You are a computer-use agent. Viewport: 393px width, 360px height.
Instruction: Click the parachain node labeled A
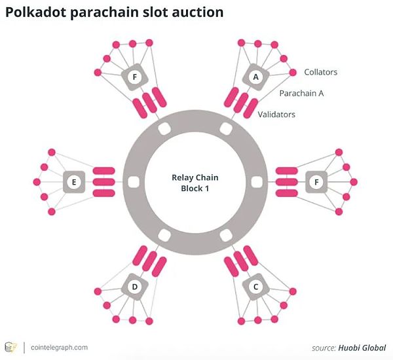pyautogui.click(x=255, y=77)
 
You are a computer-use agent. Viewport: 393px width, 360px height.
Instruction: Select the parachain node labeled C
pyautogui.click(x=255, y=287)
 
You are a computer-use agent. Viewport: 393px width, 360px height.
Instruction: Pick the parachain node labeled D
pyautogui.click(x=134, y=287)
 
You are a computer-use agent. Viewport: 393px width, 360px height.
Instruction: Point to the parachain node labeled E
pyautogui.click(x=74, y=182)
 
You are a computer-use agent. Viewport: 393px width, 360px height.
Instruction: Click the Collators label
pyautogui.click(x=320, y=72)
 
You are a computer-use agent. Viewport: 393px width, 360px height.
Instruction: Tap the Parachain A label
pyautogui.click(x=301, y=94)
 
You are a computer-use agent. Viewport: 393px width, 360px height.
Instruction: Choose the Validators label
pyautogui.click(x=276, y=115)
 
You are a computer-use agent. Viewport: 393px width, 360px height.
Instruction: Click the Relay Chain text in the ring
pyautogui.click(x=195, y=177)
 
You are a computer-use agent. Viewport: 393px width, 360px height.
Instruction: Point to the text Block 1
pyautogui.click(x=195, y=189)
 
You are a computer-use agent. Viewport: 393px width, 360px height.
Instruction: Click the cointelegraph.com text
pyautogui.click(x=59, y=348)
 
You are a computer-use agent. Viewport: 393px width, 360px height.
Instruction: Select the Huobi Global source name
pyautogui.click(x=362, y=348)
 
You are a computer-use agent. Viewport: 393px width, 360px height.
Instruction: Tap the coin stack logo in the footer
pyautogui.click(x=10, y=348)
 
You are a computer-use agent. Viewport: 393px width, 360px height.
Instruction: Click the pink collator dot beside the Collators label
pyautogui.click(x=293, y=73)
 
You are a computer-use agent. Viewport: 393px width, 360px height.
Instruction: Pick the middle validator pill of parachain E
pyautogui.click(x=103, y=182)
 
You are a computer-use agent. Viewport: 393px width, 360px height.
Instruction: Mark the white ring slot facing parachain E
pyautogui.click(x=134, y=182)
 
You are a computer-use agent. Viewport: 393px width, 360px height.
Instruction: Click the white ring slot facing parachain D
pyautogui.click(x=164, y=236)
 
